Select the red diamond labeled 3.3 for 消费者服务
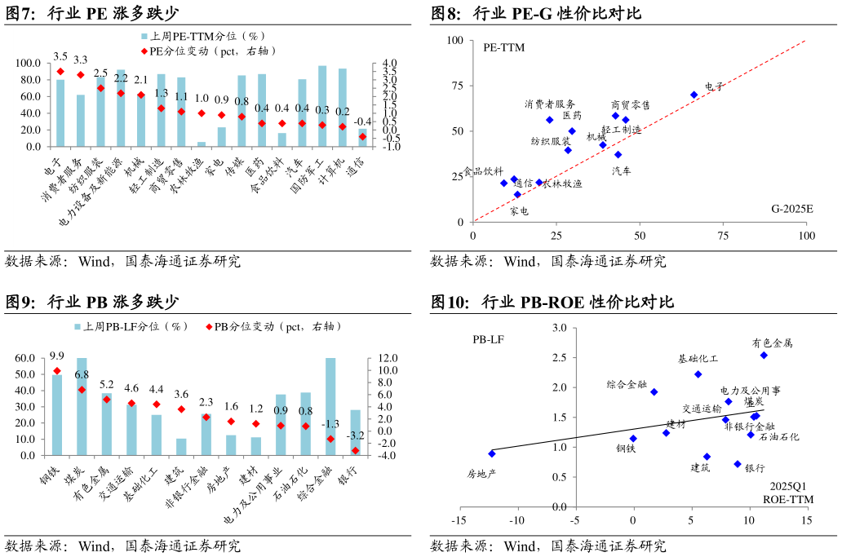coord(80,75)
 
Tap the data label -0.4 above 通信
coord(363,122)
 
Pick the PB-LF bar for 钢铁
coord(57,414)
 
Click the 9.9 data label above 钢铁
coord(57,356)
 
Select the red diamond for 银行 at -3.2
coord(355,450)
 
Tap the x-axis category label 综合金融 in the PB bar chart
coord(321,483)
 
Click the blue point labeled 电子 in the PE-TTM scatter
coord(694,95)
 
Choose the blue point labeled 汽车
coord(618,154)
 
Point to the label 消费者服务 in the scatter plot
coord(550,104)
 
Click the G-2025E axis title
coord(792,209)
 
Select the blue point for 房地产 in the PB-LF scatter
coord(492,453)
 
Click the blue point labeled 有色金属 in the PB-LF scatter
coord(764,355)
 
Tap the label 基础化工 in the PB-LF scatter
coord(698,359)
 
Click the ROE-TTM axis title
coord(786,497)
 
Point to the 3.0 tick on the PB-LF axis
coord(559,328)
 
